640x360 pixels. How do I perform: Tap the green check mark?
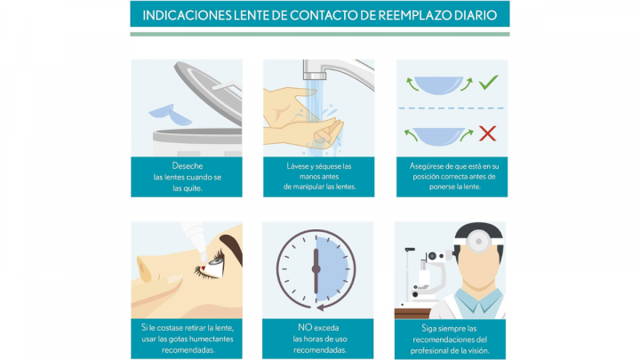click(488, 83)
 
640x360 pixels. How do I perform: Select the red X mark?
click(488, 134)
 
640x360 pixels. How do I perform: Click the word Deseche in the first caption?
click(187, 166)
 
